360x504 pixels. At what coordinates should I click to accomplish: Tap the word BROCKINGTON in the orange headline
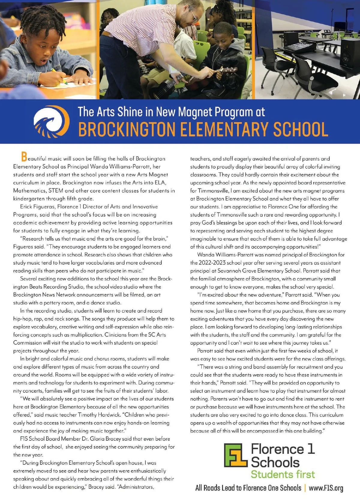[126, 129]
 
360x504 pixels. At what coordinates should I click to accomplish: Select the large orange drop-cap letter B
[24, 156]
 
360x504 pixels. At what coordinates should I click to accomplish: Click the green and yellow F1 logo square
[236, 455]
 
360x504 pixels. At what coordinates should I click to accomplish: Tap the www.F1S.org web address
[326, 488]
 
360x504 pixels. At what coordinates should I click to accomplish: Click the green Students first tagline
[283, 474]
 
